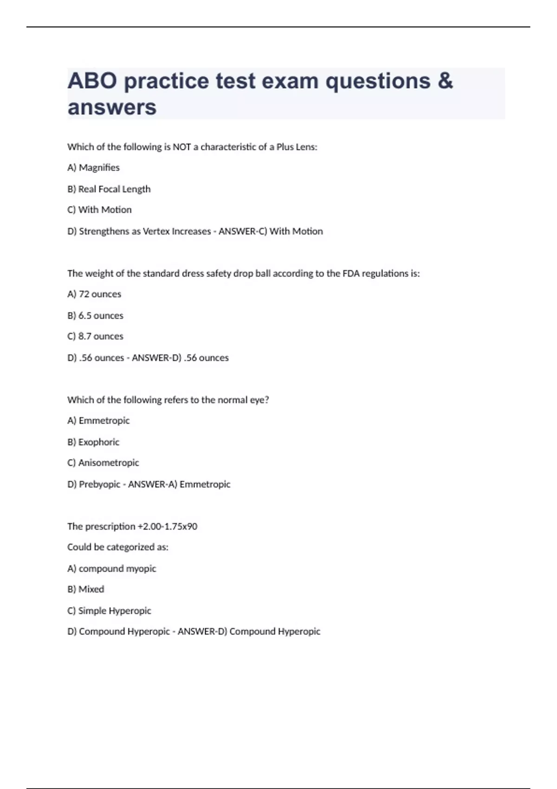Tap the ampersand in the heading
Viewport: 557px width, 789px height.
click(x=445, y=81)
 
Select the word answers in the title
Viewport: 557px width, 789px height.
click(x=112, y=108)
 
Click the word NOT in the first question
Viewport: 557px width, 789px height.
click(x=181, y=147)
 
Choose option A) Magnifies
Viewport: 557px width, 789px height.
click(x=93, y=168)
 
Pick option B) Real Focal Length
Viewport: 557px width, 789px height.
click(x=109, y=189)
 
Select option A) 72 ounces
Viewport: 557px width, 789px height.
click(x=94, y=294)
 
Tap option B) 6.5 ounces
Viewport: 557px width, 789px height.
click(x=95, y=316)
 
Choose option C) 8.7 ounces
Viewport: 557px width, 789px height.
click(x=95, y=336)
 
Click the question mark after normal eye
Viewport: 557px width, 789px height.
click(x=266, y=400)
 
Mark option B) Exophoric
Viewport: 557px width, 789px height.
click(x=93, y=442)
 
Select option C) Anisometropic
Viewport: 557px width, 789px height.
click(x=103, y=463)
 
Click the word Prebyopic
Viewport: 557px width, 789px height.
click(x=99, y=485)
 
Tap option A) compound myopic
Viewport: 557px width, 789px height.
click(x=111, y=569)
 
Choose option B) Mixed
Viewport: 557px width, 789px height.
click(x=85, y=589)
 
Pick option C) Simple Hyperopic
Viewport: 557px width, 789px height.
click(x=109, y=611)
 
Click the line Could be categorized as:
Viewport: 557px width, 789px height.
click(x=117, y=547)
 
